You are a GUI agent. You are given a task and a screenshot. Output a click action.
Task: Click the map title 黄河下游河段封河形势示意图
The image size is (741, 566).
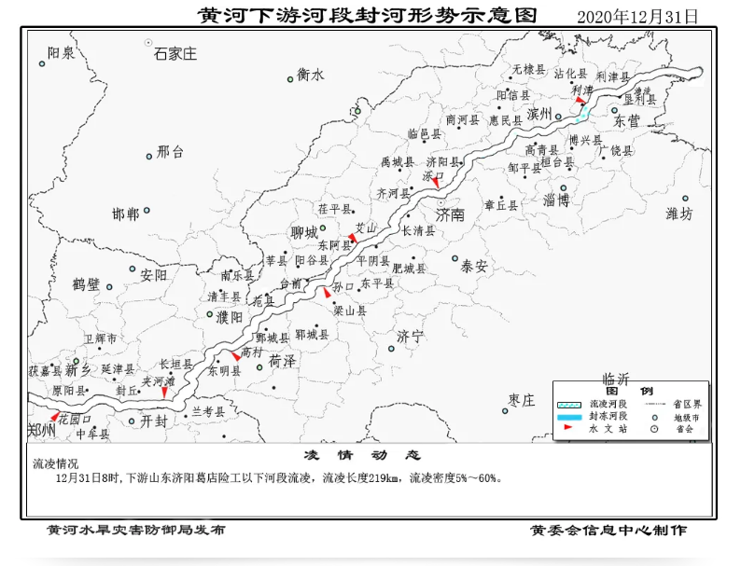[x=369, y=16]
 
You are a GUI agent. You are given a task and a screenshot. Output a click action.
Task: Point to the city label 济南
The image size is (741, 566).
[x=450, y=214]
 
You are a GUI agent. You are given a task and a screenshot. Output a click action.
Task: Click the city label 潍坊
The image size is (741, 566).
[x=679, y=214]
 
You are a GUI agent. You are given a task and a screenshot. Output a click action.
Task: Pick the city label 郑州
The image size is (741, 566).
[x=42, y=430]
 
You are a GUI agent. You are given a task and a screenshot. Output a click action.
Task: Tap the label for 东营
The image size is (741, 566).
[x=626, y=121]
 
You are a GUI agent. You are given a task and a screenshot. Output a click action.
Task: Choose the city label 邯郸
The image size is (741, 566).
[x=125, y=214]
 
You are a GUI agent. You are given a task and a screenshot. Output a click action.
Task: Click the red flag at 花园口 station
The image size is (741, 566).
[x=54, y=415]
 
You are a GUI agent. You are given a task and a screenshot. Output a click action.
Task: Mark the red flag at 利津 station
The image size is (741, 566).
[x=580, y=100]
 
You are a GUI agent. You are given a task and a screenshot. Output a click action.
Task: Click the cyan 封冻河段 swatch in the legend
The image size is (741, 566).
[x=570, y=417]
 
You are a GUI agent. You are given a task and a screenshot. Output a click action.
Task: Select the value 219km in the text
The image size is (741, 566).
[x=384, y=478]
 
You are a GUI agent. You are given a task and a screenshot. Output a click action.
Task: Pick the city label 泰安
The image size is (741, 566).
[x=474, y=266]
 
